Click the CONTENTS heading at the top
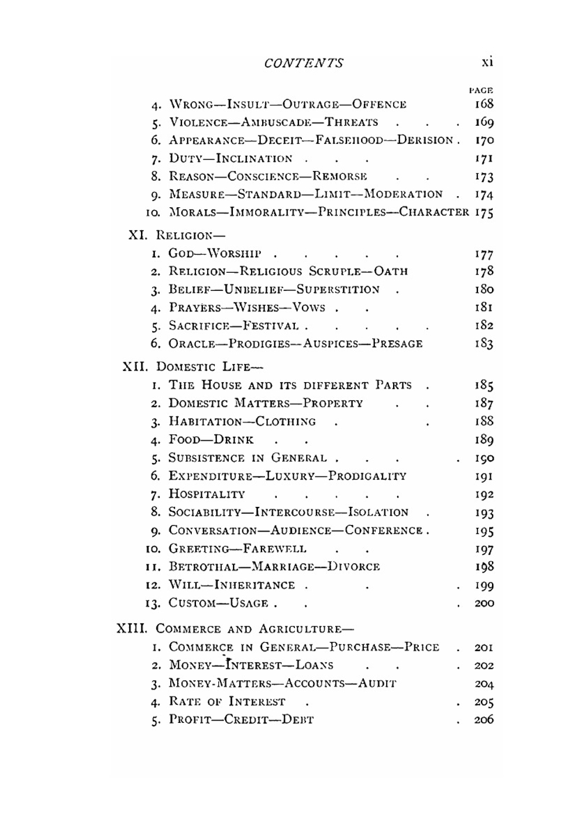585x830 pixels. point(304,63)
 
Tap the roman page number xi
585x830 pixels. point(487,61)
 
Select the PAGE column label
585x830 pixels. point(481,90)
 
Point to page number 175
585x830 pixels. point(484,212)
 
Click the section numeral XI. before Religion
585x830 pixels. point(138,235)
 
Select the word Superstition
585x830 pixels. point(338,290)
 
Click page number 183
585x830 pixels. point(484,344)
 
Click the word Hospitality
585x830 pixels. point(207,495)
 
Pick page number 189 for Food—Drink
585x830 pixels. point(484,440)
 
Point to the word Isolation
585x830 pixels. point(378,513)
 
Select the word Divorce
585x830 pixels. point(353,567)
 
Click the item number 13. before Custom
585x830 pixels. point(153,603)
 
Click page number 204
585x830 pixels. point(484,684)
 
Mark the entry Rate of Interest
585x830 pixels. point(227,702)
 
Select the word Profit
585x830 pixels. point(187,720)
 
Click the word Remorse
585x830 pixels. point(340,176)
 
